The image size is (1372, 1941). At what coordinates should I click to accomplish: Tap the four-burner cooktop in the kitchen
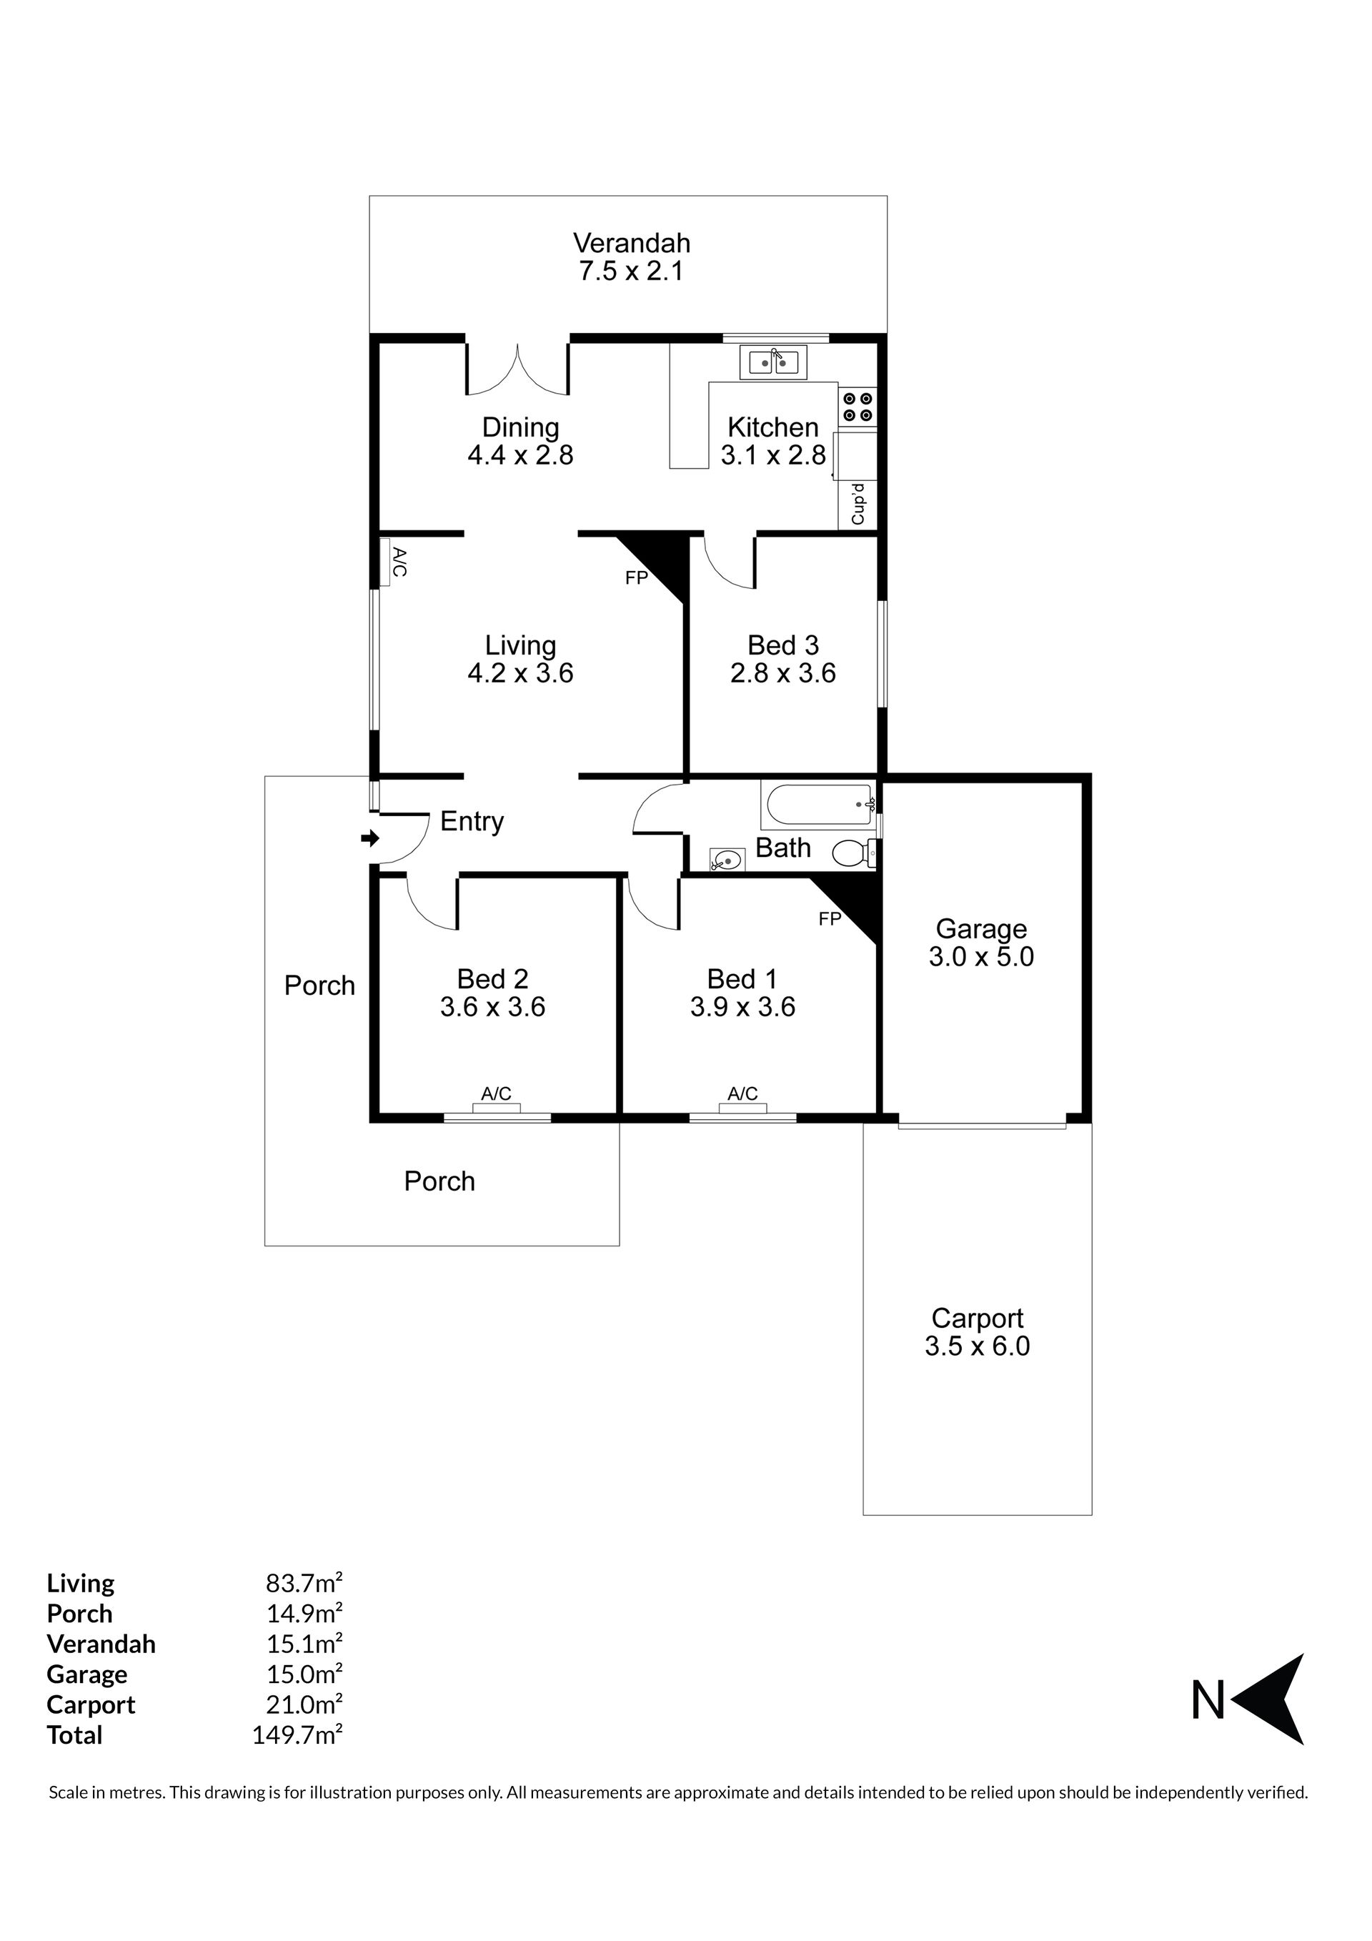coord(858,407)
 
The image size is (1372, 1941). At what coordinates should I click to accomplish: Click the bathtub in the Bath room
coord(818,805)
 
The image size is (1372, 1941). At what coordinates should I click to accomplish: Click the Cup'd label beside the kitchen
coord(858,504)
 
